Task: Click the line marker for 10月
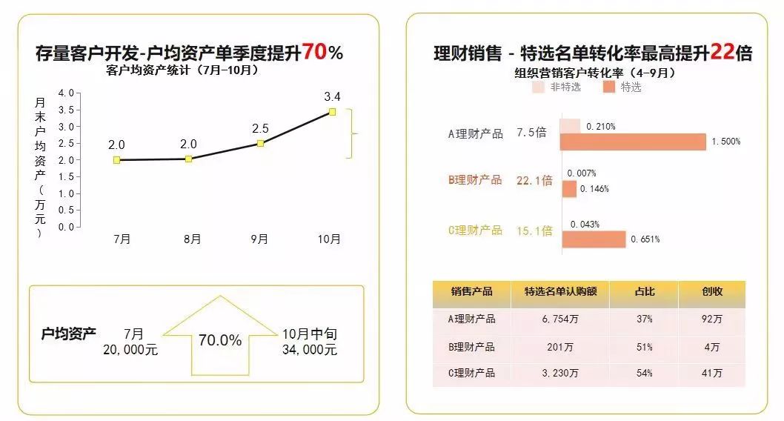coord(332,112)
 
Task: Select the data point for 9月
coord(260,143)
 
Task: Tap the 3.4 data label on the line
coord(332,97)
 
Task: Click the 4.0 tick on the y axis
coord(66,93)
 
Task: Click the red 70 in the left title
coord(313,53)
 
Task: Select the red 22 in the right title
coord(722,53)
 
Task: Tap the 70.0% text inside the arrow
coord(219,340)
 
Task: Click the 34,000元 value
coord(309,350)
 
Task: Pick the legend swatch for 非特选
coord(539,87)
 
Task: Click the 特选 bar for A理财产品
coord(634,142)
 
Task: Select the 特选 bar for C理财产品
coord(594,239)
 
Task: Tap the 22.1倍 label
coord(534,180)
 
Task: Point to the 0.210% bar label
coord(600,126)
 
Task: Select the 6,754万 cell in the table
coord(559,319)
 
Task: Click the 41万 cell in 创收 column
coord(711,373)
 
